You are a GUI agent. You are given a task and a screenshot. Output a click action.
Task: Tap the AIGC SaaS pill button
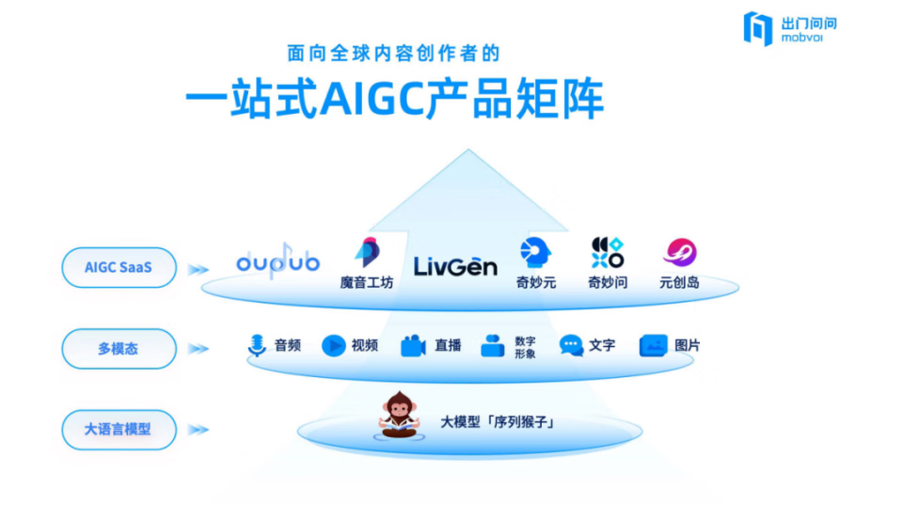(119, 268)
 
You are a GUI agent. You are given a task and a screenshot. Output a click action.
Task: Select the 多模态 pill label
(119, 348)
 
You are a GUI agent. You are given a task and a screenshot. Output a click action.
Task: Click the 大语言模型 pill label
(119, 429)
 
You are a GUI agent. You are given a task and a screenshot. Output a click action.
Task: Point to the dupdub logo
(277, 262)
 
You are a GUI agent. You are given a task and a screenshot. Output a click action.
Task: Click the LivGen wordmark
(455, 267)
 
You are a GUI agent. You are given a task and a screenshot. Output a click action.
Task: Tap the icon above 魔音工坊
(366, 252)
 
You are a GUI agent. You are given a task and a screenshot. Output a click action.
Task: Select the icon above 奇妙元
(535, 252)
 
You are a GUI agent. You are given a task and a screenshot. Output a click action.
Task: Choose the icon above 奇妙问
(607, 252)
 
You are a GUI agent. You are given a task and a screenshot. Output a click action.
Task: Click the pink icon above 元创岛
(679, 252)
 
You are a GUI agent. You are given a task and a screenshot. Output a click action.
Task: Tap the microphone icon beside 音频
(257, 346)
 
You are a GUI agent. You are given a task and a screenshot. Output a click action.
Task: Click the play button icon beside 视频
(333, 346)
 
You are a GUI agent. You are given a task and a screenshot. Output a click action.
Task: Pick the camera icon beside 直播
(413, 346)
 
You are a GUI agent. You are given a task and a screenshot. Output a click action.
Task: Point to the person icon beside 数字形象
(492, 346)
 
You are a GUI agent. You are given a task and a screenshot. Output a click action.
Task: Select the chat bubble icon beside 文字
(571, 346)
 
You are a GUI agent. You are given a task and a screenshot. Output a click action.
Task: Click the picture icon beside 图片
(653, 346)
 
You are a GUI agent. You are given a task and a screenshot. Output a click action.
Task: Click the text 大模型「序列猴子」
(498, 422)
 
